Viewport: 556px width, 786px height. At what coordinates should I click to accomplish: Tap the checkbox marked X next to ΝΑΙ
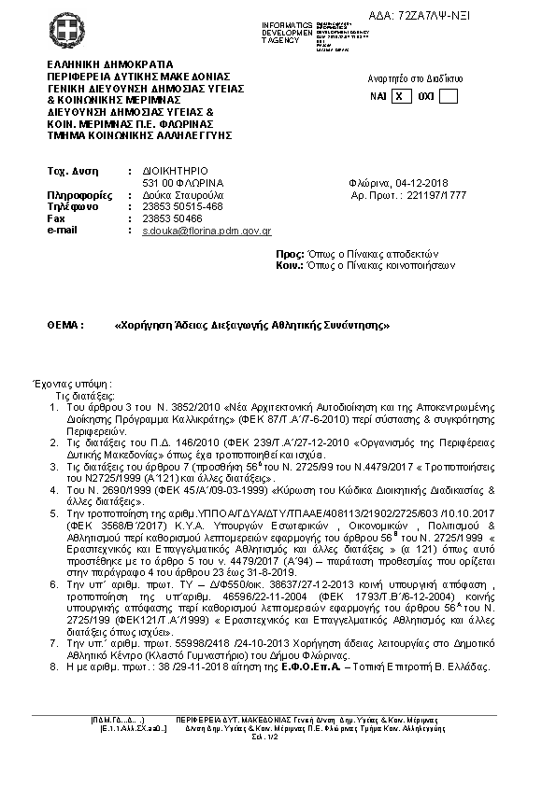tap(401, 95)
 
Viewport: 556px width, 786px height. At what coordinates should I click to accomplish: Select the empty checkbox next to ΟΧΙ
tap(448, 95)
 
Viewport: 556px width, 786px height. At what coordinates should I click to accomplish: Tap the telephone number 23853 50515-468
tap(182, 206)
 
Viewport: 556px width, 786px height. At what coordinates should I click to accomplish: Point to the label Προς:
tap(291, 253)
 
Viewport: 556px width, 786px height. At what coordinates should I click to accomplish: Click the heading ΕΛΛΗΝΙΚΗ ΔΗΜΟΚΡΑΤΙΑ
tap(103, 64)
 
